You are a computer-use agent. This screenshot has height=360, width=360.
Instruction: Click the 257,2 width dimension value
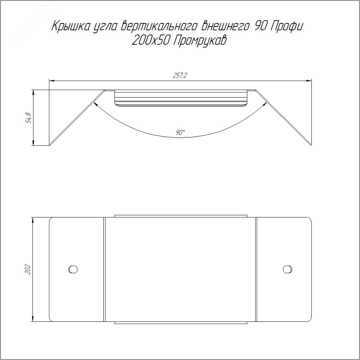[180, 75]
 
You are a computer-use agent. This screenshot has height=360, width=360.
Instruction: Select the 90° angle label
[180, 132]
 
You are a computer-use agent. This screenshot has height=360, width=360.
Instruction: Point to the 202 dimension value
[28, 270]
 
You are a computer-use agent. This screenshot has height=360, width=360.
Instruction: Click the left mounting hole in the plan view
[73, 269]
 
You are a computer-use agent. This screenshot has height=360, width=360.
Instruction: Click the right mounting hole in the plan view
[287, 269]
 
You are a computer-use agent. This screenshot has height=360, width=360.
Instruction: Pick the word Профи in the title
[287, 26]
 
